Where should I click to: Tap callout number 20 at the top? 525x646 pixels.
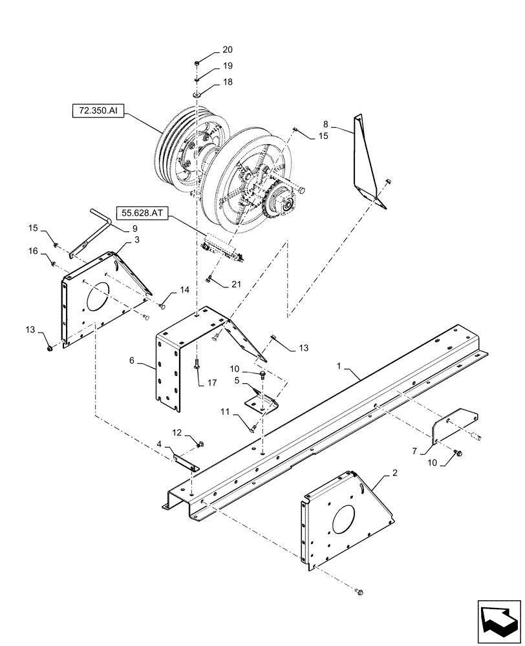tap(210, 50)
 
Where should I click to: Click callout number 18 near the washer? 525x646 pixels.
tap(210, 83)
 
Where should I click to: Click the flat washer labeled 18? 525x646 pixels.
tap(197, 95)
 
